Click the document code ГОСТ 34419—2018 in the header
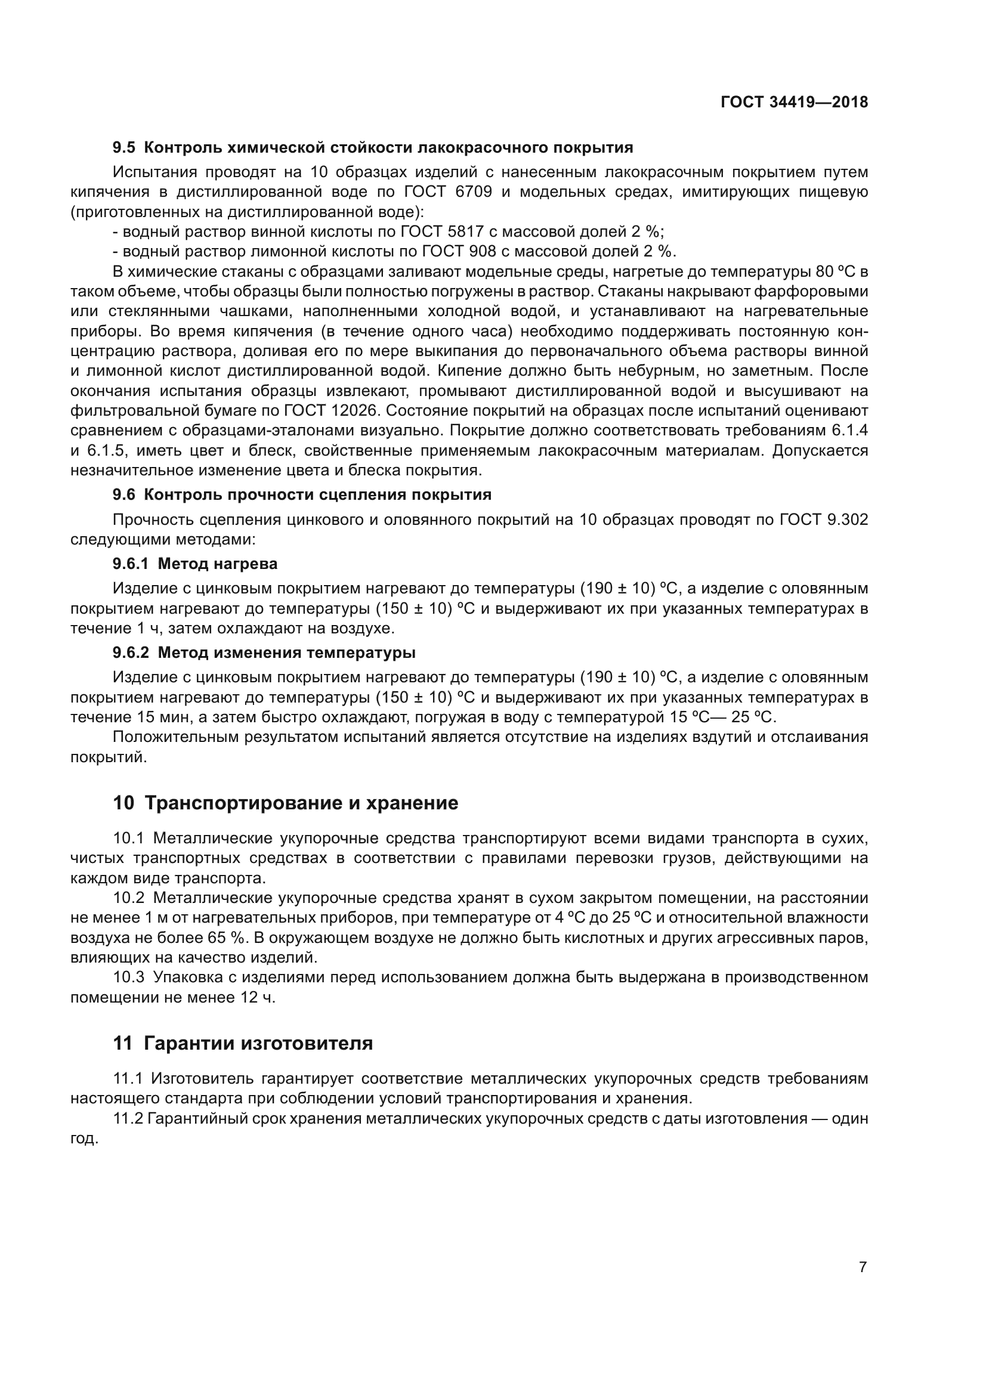click(x=794, y=102)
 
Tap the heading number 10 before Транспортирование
click(x=123, y=803)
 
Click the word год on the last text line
click(x=84, y=1139)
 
